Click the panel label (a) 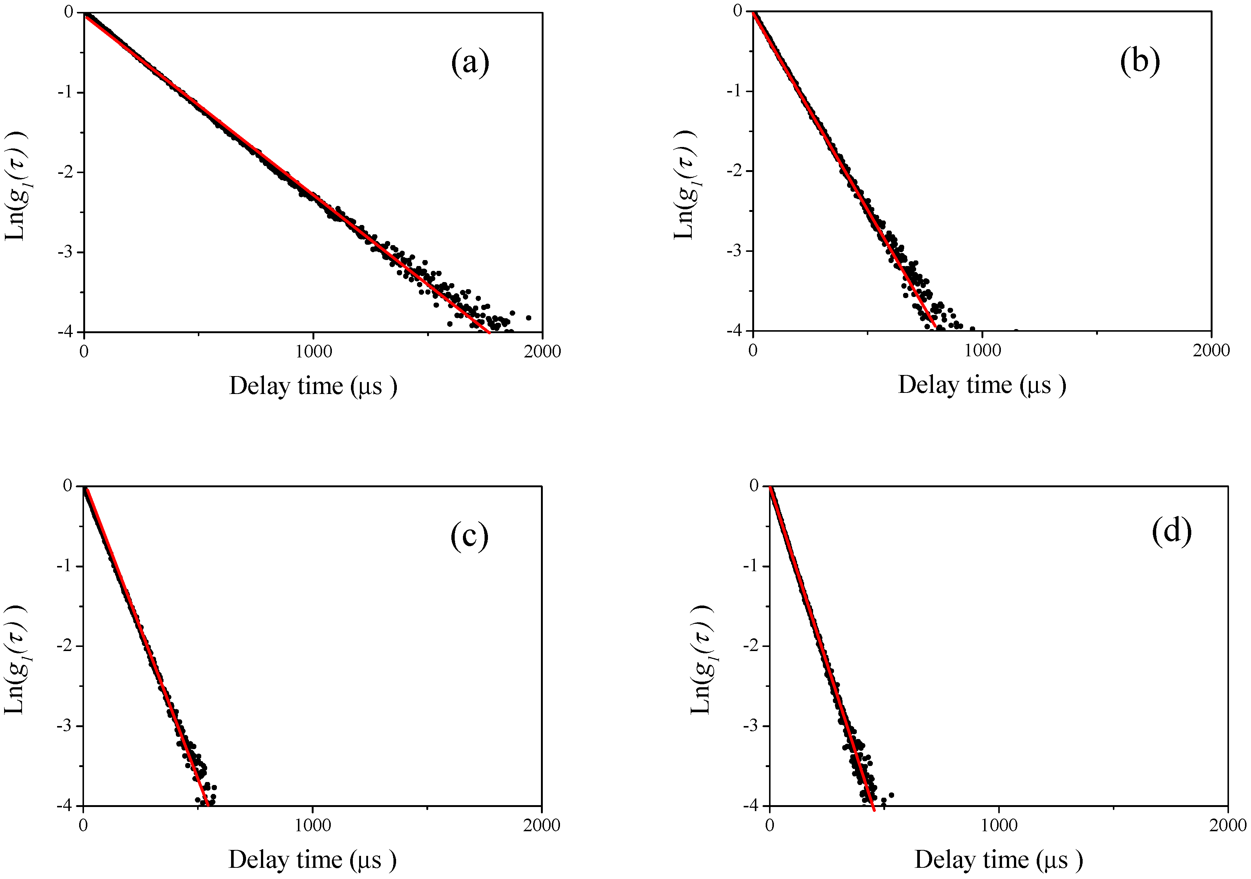(x=470, y=63)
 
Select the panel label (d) (x=1171, y=530)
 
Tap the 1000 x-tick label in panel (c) (x=313, y=825)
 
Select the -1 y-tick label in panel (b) (x=736, y=91)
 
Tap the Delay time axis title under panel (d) (x=998, y=859)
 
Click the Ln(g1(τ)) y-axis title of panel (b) (x=684, y=185)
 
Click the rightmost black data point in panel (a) (x=528, y=317)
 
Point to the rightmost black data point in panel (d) (x=891, y=795)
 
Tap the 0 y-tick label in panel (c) (x=68, y=486)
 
